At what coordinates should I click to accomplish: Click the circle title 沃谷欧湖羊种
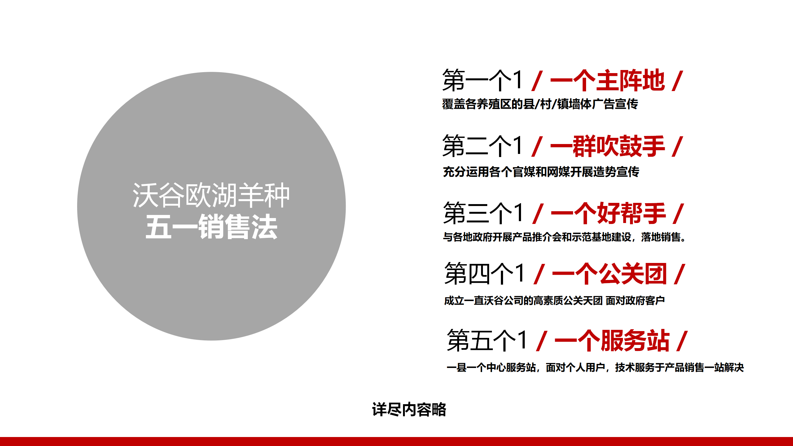[x=211, y=195]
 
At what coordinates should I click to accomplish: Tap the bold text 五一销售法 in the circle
[x=212, y=227]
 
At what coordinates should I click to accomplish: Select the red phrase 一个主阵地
[x=607, y=81]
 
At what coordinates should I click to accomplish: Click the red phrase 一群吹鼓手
[x=607, y=146]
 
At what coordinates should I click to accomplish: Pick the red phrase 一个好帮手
[x=608, y=213]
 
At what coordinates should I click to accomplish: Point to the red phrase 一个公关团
[x=609, y=274]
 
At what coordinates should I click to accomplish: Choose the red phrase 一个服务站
[x=612, y=341]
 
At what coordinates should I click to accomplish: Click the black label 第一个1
[x=483, y=81]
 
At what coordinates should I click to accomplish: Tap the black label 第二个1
[x=483, y=146]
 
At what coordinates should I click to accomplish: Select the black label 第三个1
[x=483, y=213]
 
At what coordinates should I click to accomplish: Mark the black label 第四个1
[x=484, y=274]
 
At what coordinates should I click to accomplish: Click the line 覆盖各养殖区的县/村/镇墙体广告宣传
[x=540, y=104]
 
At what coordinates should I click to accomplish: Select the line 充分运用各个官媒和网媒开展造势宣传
[x=541, y=172]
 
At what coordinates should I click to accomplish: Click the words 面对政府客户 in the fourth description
[x=635, y=300]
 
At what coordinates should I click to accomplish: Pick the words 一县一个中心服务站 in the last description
[x=491, y=368]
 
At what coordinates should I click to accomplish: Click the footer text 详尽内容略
[x=409, y=409]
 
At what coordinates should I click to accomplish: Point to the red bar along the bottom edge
[x=396, y=441]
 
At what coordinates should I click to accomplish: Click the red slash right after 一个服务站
[x=682, y=341]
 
